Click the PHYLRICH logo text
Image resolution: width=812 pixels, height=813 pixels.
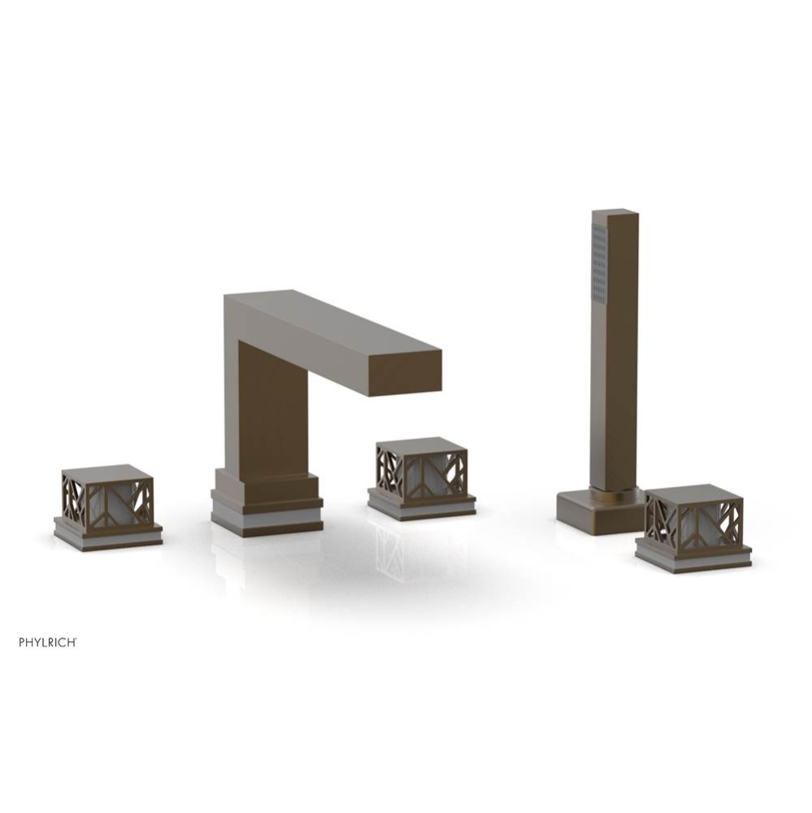coord(48,642)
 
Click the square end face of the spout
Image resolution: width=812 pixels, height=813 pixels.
coord(405,374)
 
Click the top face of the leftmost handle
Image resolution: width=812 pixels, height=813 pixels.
coord(107,472)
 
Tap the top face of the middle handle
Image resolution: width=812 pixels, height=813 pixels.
coord(421,445)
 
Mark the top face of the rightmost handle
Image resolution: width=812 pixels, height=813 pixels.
coord(694,491)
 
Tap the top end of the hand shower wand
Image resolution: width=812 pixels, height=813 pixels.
coord(614,215)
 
